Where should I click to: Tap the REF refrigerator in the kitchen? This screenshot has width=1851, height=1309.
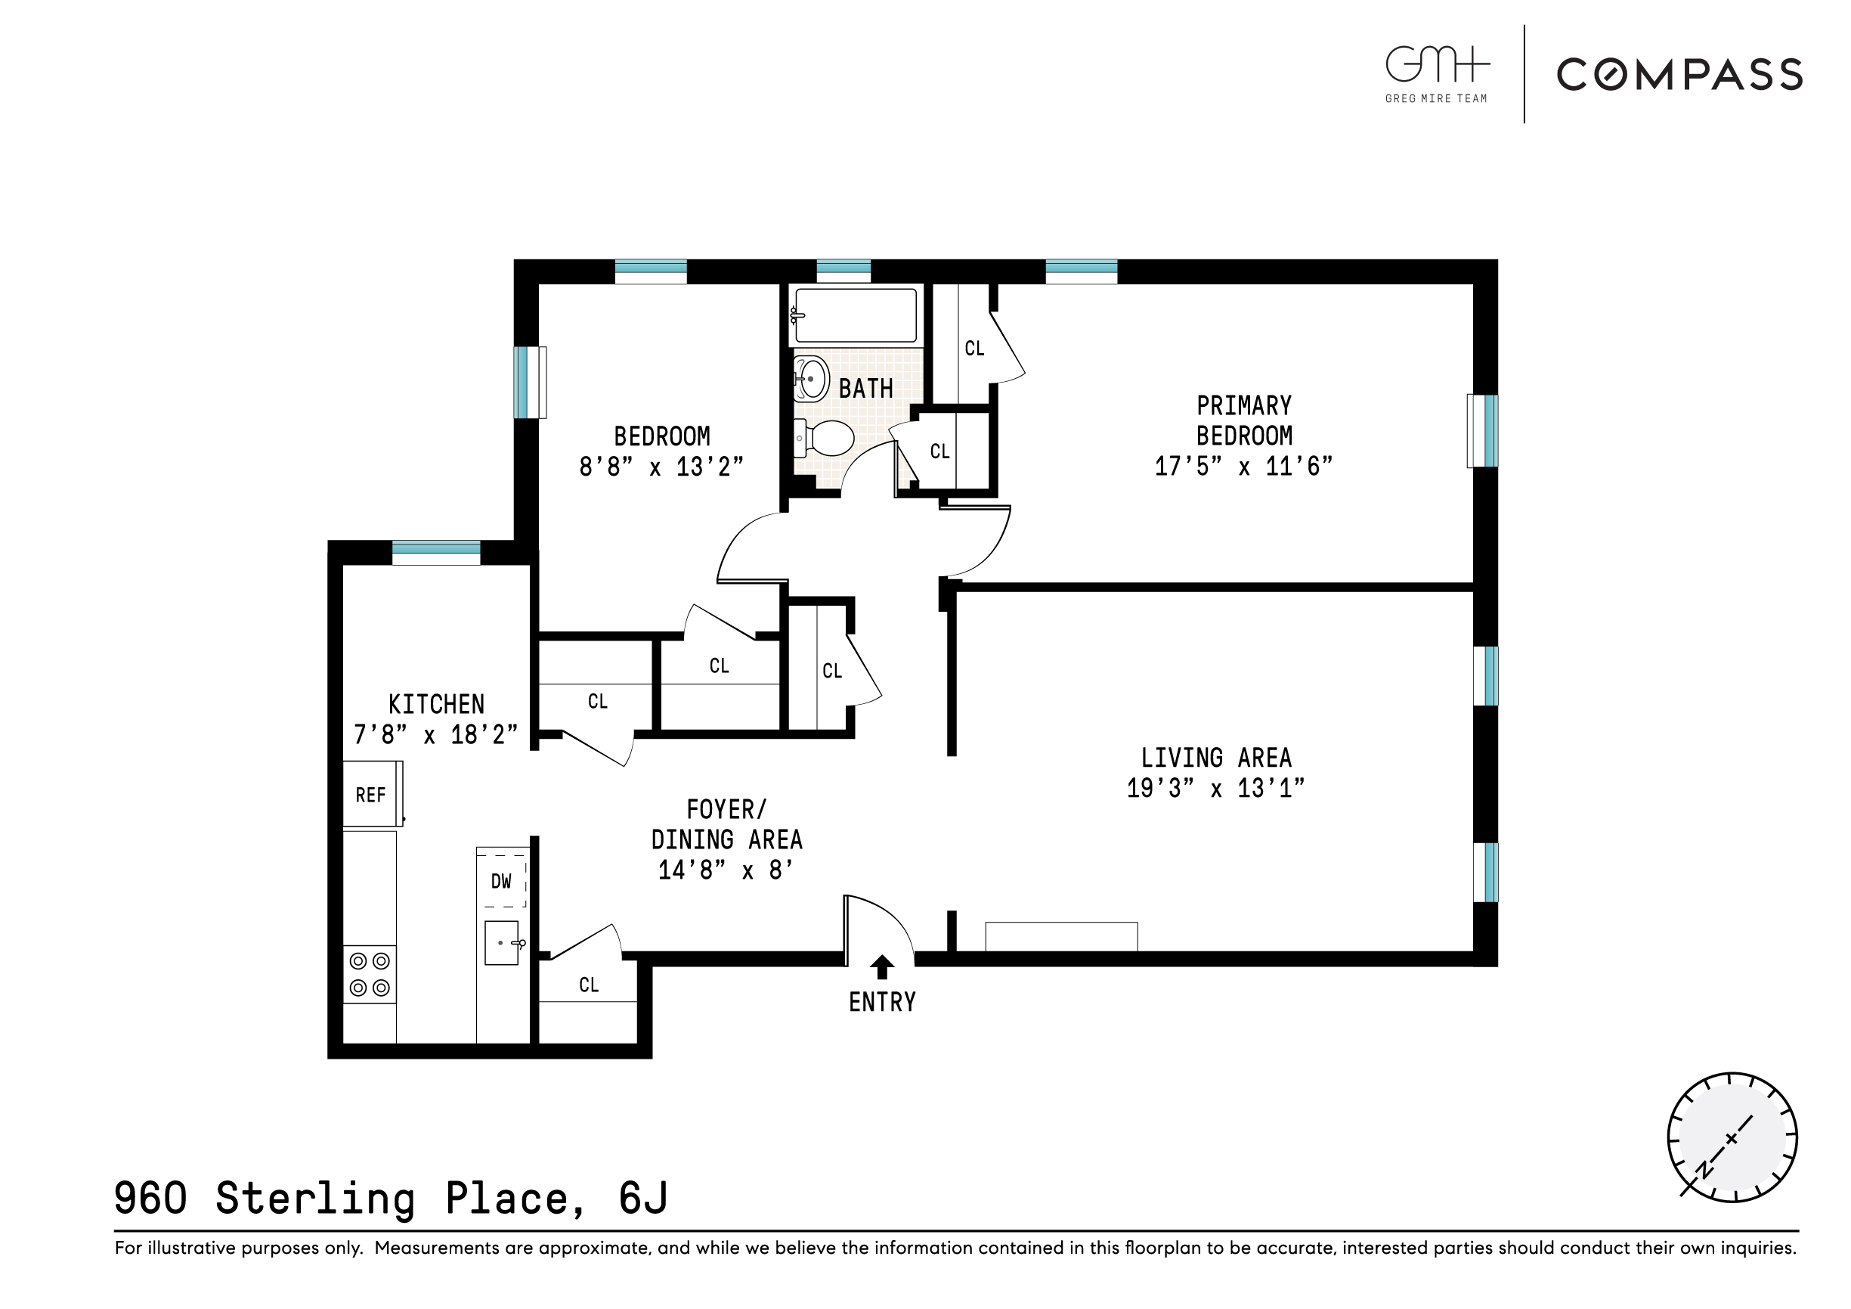[x=372, y=795]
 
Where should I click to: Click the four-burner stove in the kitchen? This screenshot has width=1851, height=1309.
[x=370, y=974]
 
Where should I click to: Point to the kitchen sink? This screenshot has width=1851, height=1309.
[x=501, y=943]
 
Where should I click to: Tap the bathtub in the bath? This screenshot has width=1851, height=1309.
[x=856, y=315]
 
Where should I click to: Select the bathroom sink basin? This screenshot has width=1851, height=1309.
[x=812, y=378]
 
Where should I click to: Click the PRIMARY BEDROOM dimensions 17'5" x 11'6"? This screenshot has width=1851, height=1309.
[x=1243, y=466]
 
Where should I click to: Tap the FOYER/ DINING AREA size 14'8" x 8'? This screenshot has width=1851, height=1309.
[x=726, y=870]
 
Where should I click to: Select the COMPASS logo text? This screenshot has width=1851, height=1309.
[x=1679, y=75]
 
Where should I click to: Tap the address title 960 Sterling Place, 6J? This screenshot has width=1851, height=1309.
[x=391, y=1198]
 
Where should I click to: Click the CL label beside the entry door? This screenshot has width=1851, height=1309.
[x=589, y=984]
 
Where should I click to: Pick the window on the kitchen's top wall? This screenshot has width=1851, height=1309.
[x=436, y=553]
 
